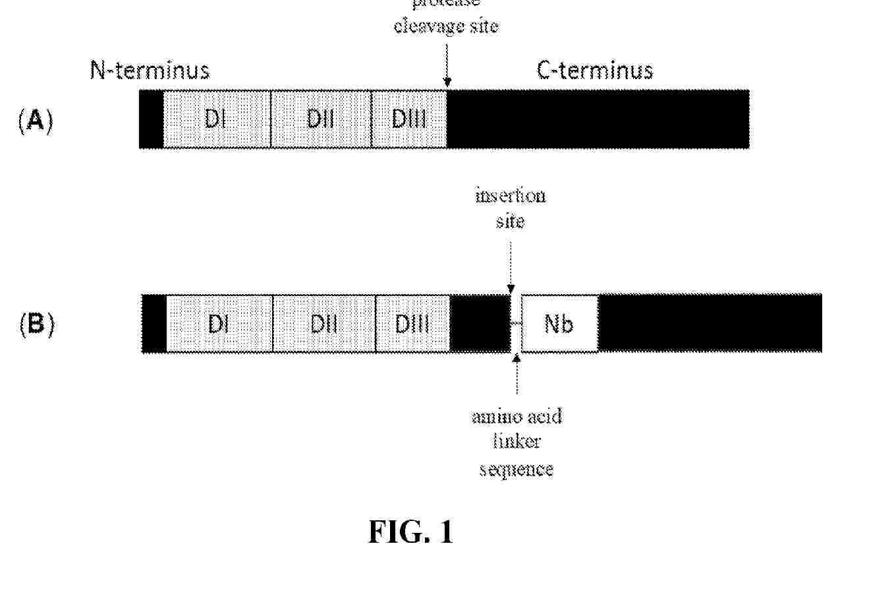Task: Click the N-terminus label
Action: [x=150, y=70]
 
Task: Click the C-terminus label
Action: [x=595, y=70]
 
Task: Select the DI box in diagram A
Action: [x=217, y=119]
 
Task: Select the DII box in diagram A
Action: [x=321, y=119]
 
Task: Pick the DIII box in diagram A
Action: [x=409, y=119]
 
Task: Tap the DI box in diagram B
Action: [x=219, y=324]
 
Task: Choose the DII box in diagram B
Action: [x=324, y=324]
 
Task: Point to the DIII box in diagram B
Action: [x=412, y=324]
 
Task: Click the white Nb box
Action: [x=559, y=324]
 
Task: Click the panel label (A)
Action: [x=36, y=121]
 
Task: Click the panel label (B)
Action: [x=37, y=325]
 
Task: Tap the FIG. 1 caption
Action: [x=410, y=532]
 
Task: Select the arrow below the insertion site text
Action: [x=511, y=267]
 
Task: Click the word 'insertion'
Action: [x=511, y=196]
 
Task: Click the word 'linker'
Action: [x=517, y=442]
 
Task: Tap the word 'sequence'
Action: [x=516, y=469]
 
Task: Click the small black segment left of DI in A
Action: [x=151, y=119]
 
